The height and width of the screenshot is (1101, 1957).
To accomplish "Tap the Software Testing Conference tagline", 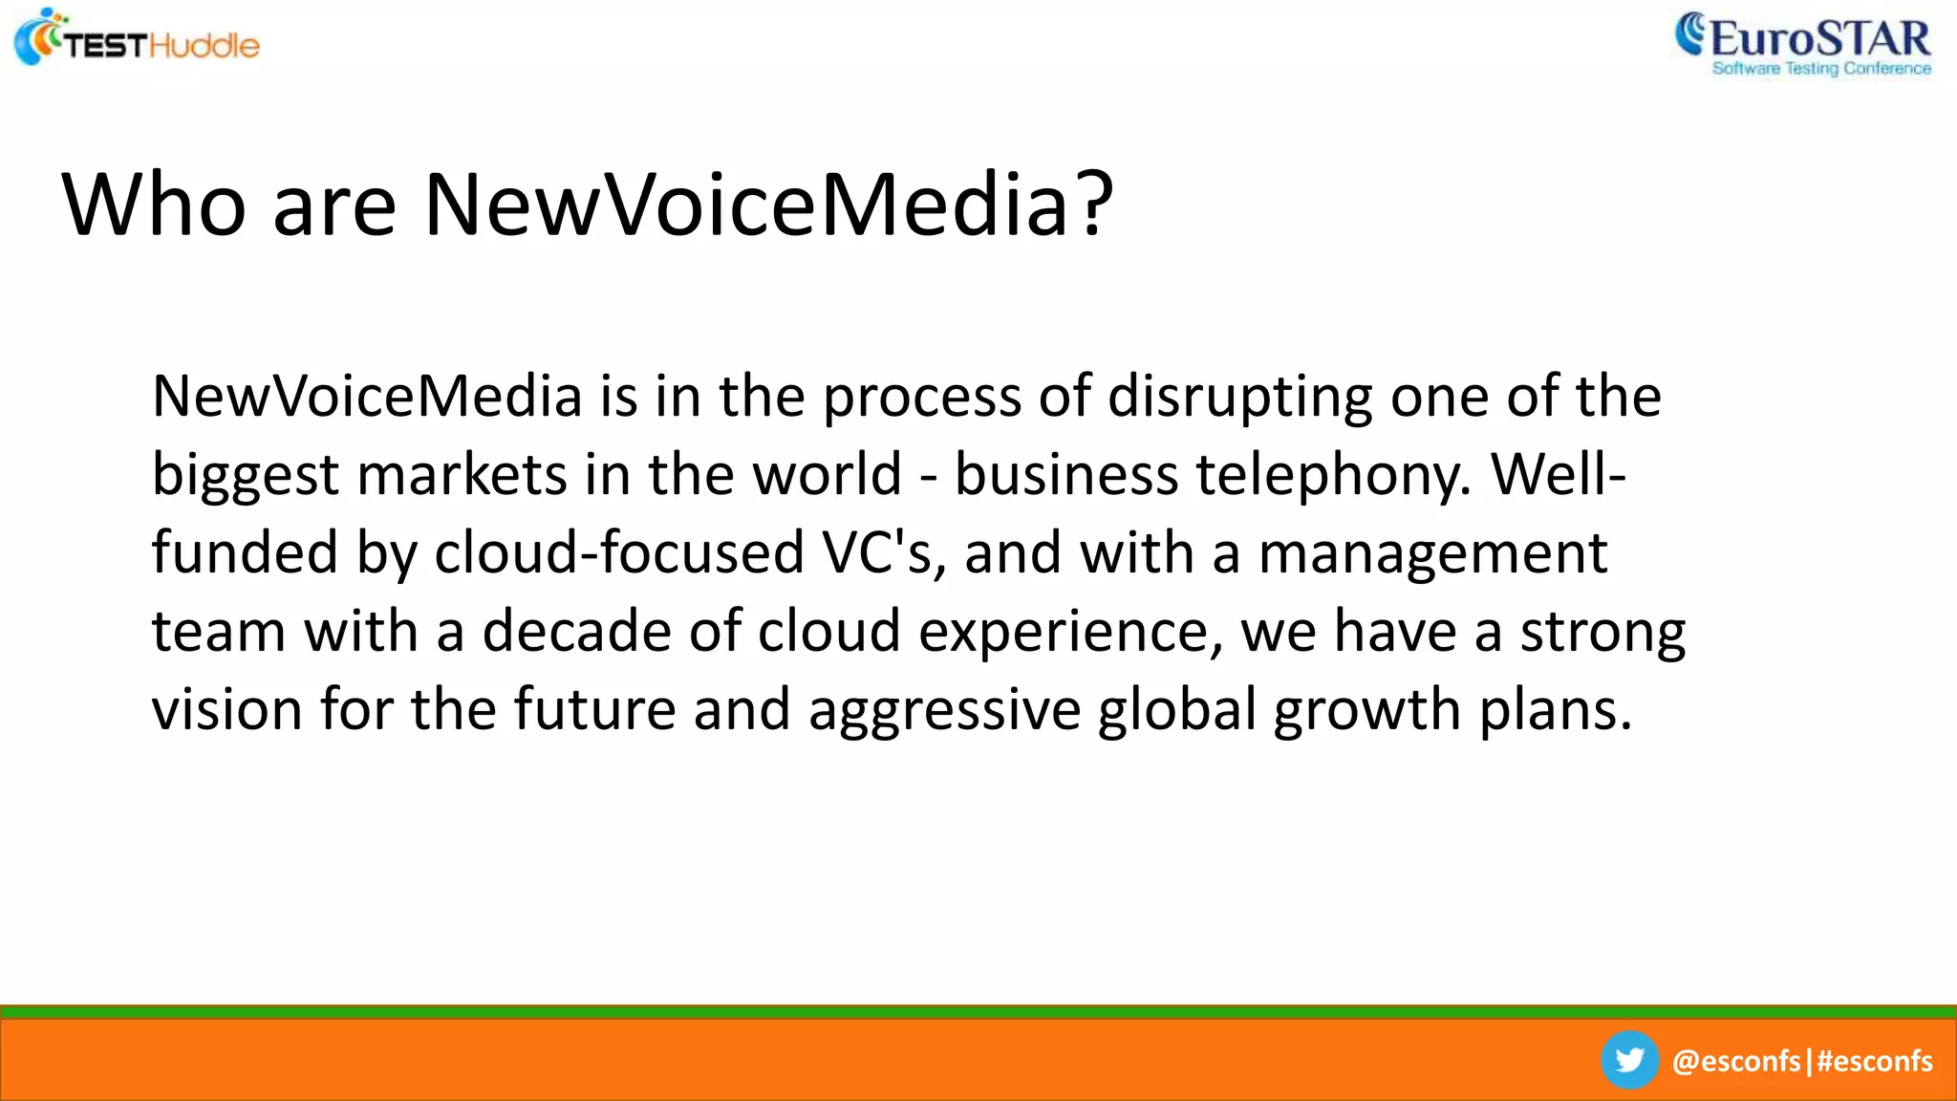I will (1821, 69).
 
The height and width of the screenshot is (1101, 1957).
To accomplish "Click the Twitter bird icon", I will (1629, 1060).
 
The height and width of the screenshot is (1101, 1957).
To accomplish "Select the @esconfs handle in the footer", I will (1735, 1061).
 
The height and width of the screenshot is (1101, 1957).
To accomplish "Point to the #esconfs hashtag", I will (1875, 1061).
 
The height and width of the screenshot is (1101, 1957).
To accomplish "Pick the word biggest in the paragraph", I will (246, 476).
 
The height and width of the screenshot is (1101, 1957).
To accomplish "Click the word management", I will (1432, 553).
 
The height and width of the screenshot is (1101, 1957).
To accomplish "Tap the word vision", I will (227, 710).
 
